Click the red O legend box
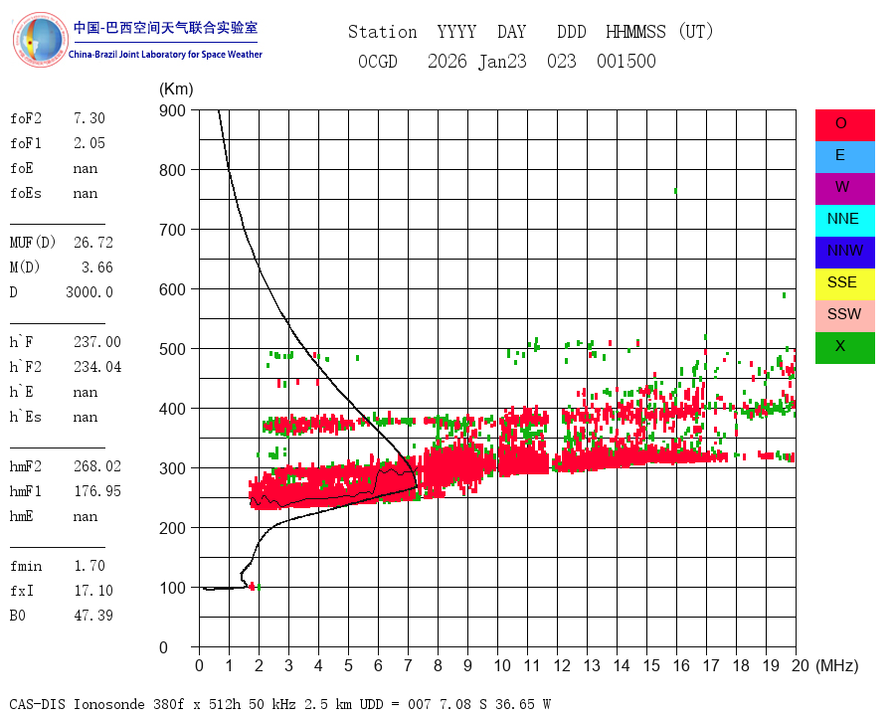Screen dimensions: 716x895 click(844, 124)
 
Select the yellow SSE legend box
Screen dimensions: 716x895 click(844, 283)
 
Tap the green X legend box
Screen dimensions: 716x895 click(844, 347)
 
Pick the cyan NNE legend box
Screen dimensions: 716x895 click(844, 220)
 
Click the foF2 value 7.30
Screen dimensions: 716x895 click(89, 118)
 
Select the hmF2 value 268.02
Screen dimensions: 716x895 click(96, 466)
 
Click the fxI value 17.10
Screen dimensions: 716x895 click(92, 591)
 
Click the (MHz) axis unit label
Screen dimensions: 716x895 click(836, 665)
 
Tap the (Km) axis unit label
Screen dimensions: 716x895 click(176, 89)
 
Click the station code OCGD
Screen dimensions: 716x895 click(378, 62)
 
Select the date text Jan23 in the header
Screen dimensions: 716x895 click(506, 62)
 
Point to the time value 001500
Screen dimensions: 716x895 click(626, 62)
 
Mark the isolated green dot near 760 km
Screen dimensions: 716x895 click(675, 190)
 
